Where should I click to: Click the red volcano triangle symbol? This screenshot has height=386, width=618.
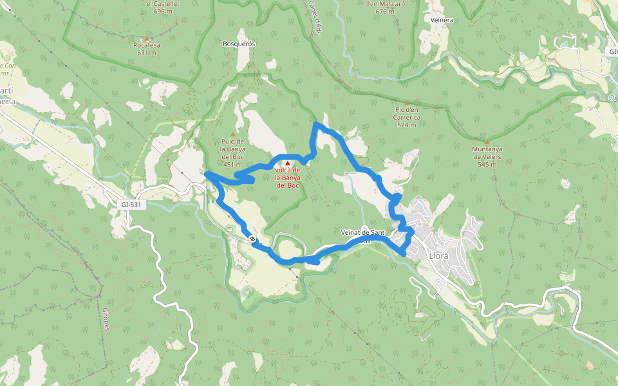(x=288, y=163)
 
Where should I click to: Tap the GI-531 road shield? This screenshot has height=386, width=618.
(x=131, y=205)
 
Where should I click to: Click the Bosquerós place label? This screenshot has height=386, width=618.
(x=239, y=44)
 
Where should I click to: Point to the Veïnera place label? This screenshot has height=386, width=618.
(x=442, y=20)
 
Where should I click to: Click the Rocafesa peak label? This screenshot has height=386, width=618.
(x=146, y=46)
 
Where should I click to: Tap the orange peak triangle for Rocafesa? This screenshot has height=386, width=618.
(x=147, y=39)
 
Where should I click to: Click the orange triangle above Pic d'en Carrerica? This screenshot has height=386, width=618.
(x=407, y=103)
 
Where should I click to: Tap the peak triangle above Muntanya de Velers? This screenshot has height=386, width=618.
(x=487, y=142)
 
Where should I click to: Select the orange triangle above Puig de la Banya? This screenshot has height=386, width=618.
(x=232, y=134)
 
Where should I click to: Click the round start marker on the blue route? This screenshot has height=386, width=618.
(x=252, y=239)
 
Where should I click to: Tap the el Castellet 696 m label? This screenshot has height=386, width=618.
(x=159, y=7)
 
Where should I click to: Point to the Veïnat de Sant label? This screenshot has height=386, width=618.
(x=364, y=232)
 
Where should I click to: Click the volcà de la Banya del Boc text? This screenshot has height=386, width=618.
(x=288, y=178)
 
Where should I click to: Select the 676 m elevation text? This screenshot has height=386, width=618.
(x=384, y=11)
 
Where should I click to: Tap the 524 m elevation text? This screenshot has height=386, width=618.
(x=407, y=125)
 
